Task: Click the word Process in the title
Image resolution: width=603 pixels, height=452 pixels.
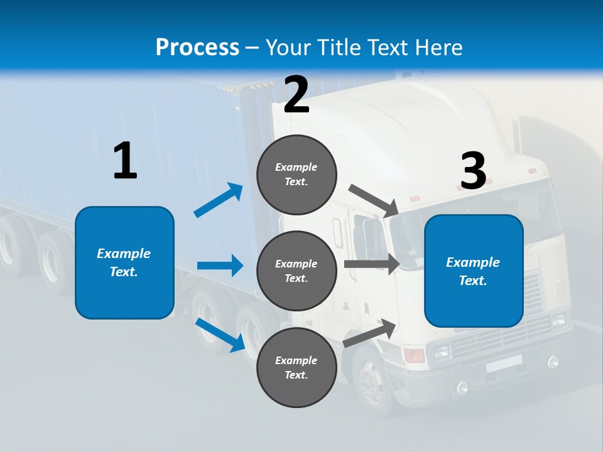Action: [x=197, y=48]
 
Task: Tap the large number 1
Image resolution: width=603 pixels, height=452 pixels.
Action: [x=125, y=161]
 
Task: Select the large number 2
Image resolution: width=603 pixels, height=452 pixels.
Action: [x=296, y=95]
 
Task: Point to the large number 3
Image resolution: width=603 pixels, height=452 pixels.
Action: [x=473, y=171]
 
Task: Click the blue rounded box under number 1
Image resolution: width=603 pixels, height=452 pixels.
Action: [x=124, y=262]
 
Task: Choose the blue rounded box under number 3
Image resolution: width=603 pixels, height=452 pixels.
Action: [x=474, y=271]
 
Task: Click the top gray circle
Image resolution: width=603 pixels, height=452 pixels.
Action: [x=296, y=175]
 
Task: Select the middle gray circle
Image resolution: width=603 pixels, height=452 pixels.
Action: [x=296, y=271]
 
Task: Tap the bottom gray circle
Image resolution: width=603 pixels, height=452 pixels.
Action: [x=296, y=367]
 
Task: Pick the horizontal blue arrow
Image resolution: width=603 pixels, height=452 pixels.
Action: [x=220, y=266]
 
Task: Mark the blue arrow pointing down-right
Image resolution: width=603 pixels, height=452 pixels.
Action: [x=220, y=335]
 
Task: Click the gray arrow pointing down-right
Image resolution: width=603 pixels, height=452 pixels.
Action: [x=373, y=200]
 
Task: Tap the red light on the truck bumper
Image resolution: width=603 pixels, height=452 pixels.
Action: [x=415, y=356]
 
